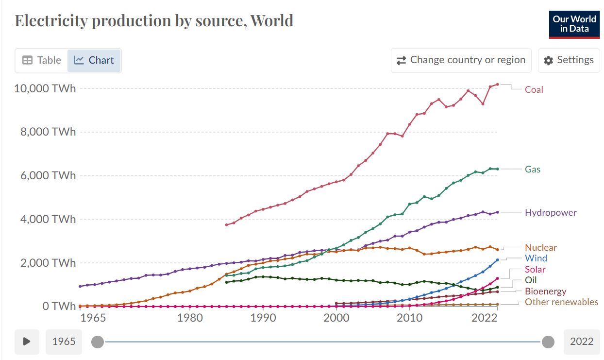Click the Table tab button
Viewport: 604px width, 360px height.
click(41, 60)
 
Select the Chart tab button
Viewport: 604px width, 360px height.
click(94, 60)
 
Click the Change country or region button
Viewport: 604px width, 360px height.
click(461, 60)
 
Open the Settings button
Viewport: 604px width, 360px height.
click(569, 60)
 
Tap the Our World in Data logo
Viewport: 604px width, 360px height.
click(574, 24)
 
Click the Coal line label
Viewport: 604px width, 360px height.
click(534, 89)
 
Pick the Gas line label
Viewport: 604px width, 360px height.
click(532, 169)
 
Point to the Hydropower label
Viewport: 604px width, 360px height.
click(551, 212)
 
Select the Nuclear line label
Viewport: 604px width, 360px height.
click(540, 247)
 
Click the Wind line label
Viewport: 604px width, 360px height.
click(536, 258)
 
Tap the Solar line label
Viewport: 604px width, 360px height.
click(535, 269)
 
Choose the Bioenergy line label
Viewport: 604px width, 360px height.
click(545, 291)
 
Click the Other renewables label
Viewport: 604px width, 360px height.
click(561, 302)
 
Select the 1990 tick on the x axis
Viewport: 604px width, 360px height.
click(263, 318)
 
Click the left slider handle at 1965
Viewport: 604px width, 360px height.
click(98, 342)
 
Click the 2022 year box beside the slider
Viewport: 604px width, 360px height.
click(581, 342)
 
